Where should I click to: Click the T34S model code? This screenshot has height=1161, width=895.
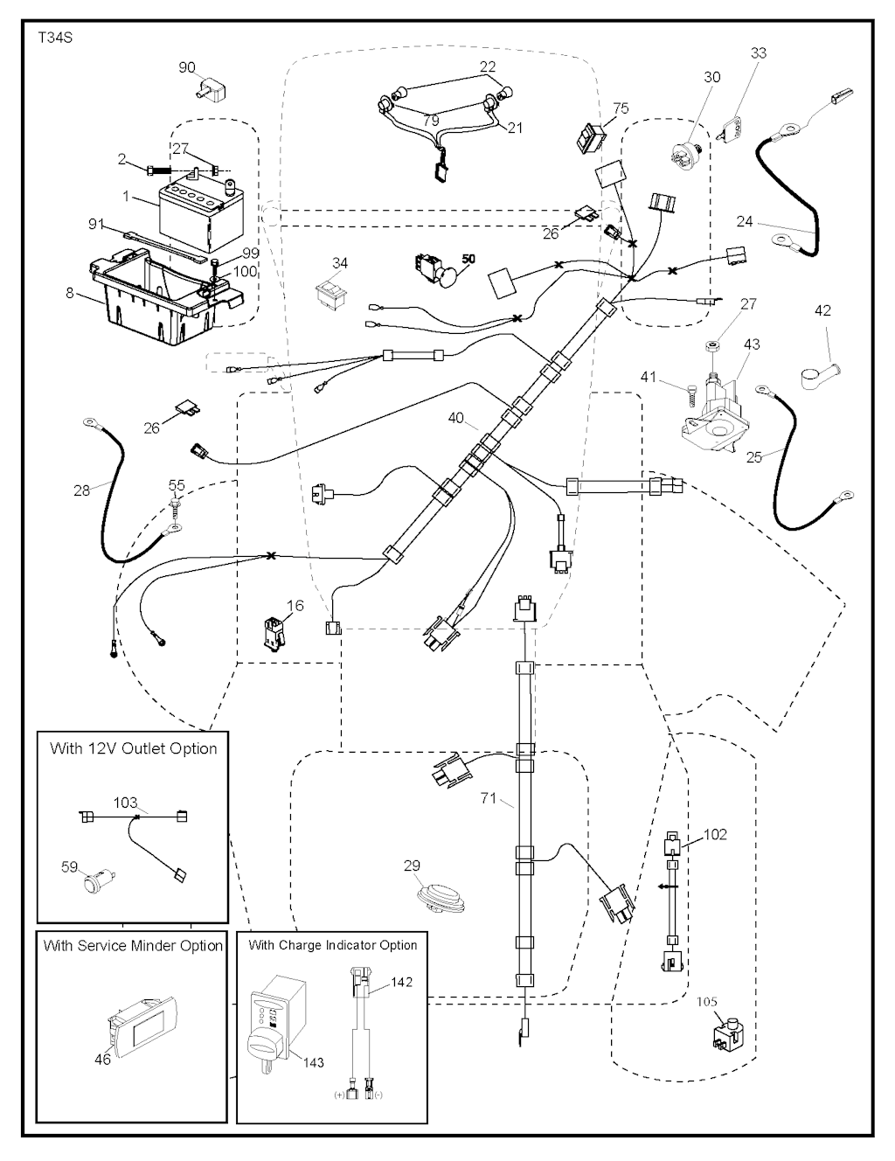tap(55, 39)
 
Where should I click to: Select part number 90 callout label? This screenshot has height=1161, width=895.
tap(187, 67)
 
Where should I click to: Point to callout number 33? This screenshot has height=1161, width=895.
tap(759, 53)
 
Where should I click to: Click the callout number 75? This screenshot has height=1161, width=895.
tap(621, 108)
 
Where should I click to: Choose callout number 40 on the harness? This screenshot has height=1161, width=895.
tap(456, 418)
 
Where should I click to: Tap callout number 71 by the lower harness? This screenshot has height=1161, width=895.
tap(489, 798)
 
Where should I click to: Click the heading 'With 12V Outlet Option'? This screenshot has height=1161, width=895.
tap(133, 748)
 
